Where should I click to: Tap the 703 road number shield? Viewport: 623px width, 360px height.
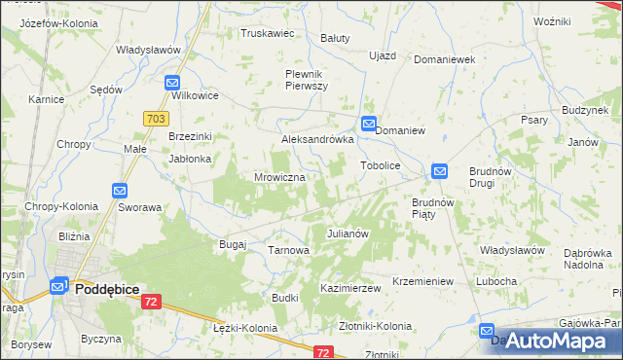coord(154,117)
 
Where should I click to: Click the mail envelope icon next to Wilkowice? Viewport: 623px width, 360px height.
coord(173,84)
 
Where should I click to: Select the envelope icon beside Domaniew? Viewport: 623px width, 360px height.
coord(369,124)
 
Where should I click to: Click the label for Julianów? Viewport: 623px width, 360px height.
coord(347,234)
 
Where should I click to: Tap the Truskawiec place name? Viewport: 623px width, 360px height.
coord(268,33)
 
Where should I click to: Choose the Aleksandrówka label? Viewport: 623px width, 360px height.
coord(316,140)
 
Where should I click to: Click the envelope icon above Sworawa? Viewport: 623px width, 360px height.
coord(120,192)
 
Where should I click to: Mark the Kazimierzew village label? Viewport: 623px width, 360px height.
coord(349,290)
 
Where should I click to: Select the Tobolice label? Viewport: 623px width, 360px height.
coord(381,166)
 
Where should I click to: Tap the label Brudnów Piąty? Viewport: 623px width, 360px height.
coord(434,208)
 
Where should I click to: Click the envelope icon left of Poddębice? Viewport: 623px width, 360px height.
coord(58,287)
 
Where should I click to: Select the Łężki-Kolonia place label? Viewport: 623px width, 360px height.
coord(244,329)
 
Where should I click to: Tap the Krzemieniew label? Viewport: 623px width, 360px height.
coord(422,281)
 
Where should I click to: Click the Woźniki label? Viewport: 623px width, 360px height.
coord(552,20)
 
